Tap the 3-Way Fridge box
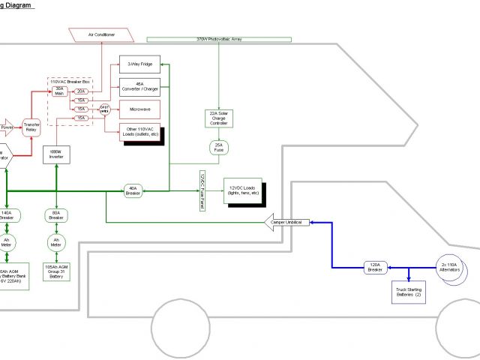pyautogui.click(x=139, y=65)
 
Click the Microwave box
pyautogui.click(x=139, y=109)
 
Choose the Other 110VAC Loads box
pyautogui.click(x=139, y=132)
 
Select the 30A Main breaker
pyautogui.click(x=60, y=91)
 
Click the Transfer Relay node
pyautogui.click(x=31, y=125)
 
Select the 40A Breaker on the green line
pyautogui.click(x=133, y=191)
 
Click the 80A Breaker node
pyautogui.click(x=55, y=216)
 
